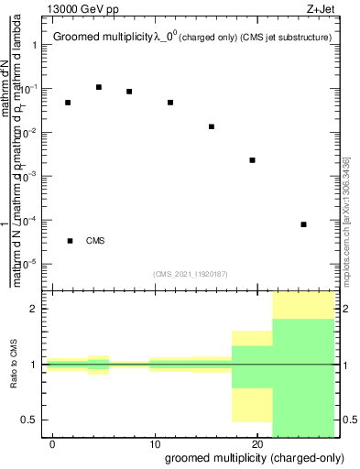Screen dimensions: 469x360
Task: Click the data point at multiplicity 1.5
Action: [68, 103]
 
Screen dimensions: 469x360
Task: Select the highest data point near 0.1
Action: [99, 87]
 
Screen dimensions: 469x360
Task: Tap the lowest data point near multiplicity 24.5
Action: [303, 224]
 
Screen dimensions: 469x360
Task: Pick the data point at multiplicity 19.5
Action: [252, 160]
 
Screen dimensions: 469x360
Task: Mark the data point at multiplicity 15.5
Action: [212, 126]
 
